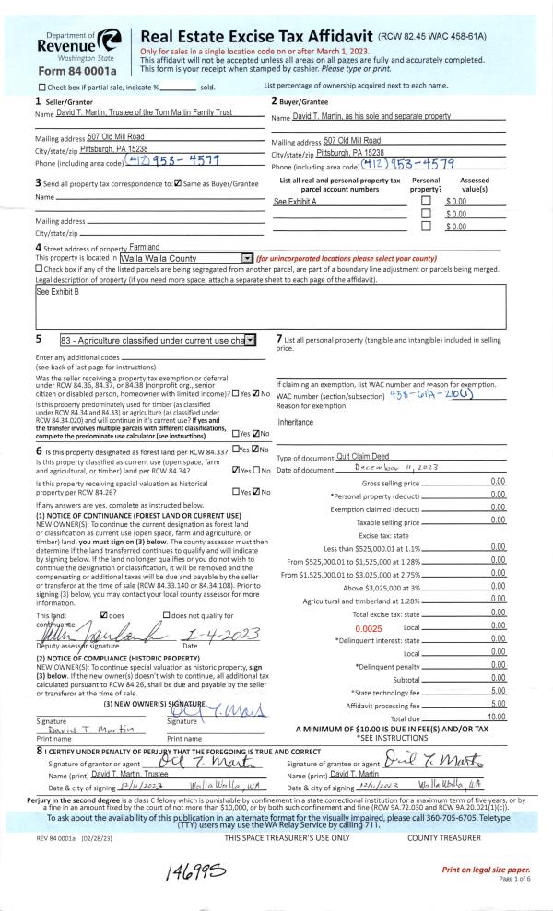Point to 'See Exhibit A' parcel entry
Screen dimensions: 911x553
point(295,201)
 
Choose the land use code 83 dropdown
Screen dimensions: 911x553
point(157,341)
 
